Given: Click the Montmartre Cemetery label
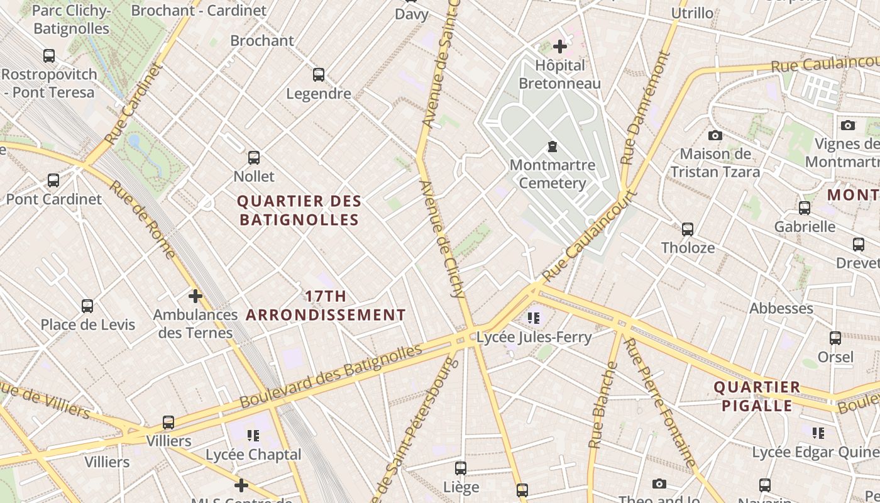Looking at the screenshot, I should click(553, 174).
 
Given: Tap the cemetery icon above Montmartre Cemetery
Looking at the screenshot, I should click(553, 146).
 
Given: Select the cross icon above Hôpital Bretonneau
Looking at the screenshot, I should click(559, 46).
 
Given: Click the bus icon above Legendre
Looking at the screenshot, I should click(319, 75).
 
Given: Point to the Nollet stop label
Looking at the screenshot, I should click(254, 176).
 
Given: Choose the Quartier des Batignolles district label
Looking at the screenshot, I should click(299, 211).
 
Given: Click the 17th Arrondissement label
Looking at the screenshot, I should click(326, 306).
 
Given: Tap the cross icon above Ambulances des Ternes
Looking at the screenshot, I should click(195, 296).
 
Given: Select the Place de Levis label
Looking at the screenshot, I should click(88, 324).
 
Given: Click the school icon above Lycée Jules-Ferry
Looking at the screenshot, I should click(534, 318).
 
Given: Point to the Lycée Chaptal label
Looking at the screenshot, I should click(254, 454).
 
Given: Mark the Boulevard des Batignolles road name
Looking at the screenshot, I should click(331, 375).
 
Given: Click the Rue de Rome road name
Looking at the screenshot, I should click(142, 219).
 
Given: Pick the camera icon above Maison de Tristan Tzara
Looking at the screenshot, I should click(715, 135).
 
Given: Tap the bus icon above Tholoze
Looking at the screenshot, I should click(688, 229).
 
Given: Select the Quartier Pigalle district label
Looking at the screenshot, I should click(757, 396).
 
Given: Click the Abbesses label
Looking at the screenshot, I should click(781, 308).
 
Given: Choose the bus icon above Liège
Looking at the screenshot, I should click(461, 468).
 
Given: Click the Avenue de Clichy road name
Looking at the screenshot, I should click(443, 239).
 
